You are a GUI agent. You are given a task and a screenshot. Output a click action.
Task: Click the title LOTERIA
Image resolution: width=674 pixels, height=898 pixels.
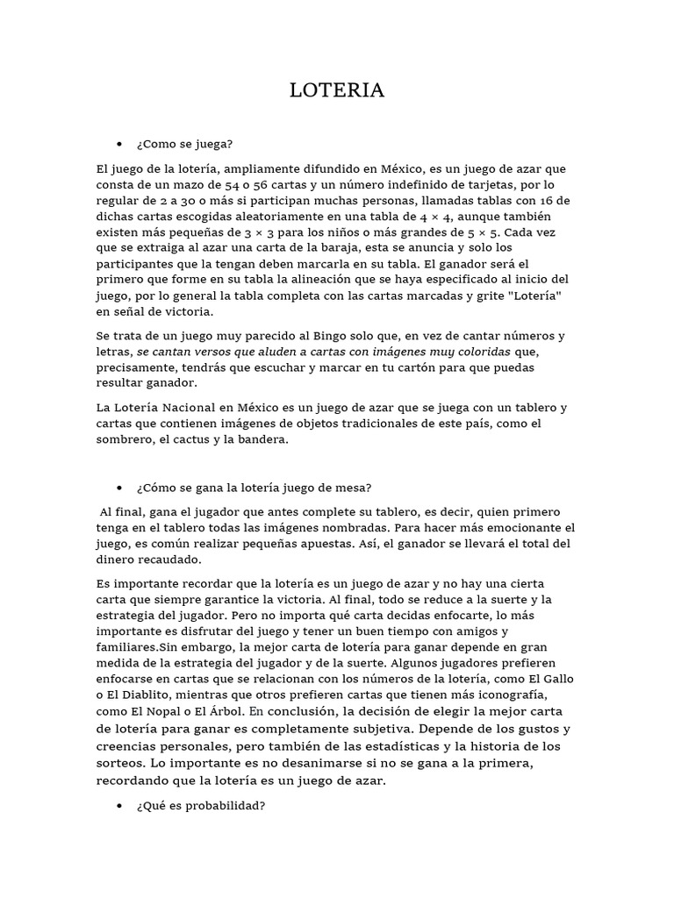[x=337, y=90]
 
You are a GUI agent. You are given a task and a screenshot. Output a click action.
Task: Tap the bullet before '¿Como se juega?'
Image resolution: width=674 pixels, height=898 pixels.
[x=119, y=144]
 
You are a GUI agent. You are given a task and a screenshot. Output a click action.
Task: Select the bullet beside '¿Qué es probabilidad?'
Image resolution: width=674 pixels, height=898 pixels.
[x=119, y=807]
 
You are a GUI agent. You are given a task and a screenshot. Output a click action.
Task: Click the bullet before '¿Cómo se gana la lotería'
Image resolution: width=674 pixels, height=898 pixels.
[x=119, y=487]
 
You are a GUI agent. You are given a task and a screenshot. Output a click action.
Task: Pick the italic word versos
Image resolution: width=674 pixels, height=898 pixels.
[x=222, y=352]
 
